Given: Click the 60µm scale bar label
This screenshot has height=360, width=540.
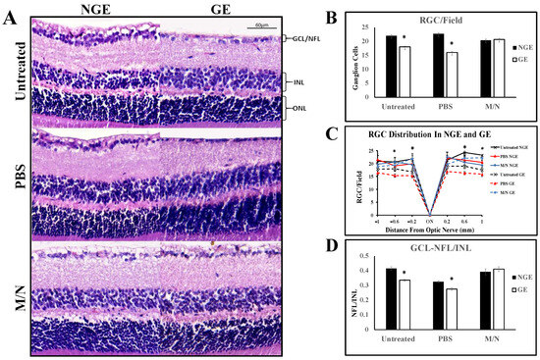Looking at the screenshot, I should tap(261, 22).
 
